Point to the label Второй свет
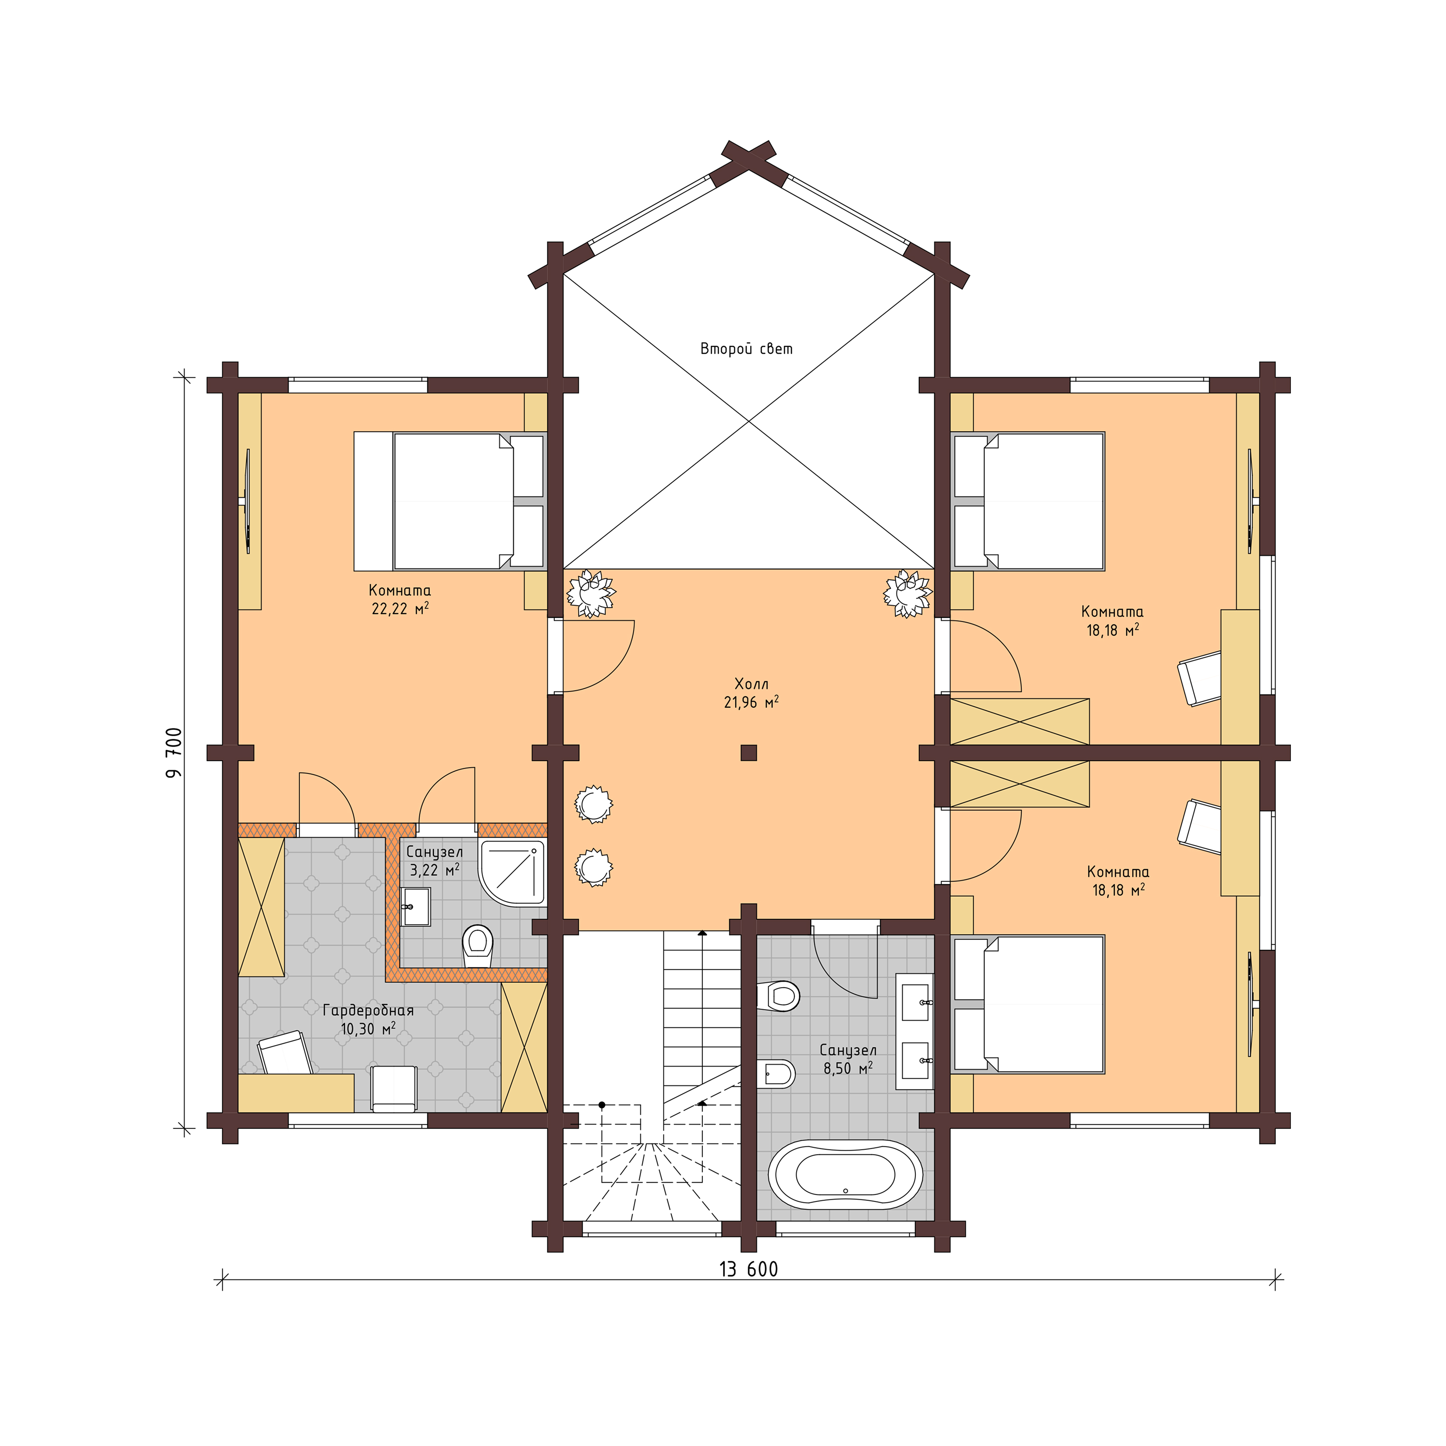point(746,349)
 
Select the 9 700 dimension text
point(174,752)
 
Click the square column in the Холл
point(748,753)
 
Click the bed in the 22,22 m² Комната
point(449,501)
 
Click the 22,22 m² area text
point(400,609)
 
